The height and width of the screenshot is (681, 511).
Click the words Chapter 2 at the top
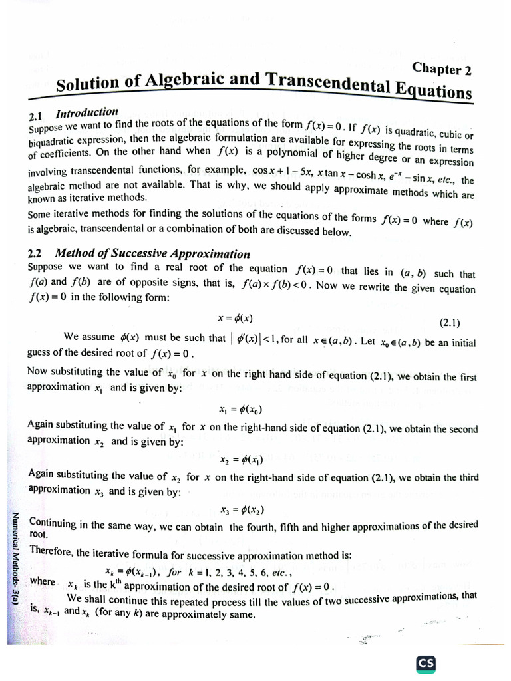(442, 68)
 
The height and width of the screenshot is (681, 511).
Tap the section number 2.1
(36, 116)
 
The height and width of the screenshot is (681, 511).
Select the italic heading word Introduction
(86, 112)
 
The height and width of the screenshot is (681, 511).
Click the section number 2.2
(36, 253)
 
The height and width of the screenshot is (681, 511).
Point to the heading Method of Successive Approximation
(152, 253)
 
